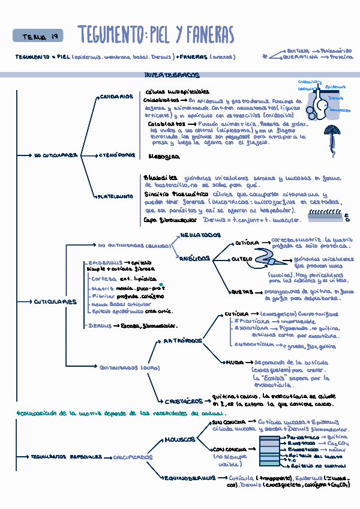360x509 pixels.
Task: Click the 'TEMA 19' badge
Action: pyautogui.click(x=37, y=37)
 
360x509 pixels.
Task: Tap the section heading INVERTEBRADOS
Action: pyautogui.click(x=172, y=76)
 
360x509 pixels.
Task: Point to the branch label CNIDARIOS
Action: pyautogui.click(x=116, y=97)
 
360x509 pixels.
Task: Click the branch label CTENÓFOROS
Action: pyautogui.click(x=117, y=155)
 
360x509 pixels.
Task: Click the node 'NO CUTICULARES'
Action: pyautogui.click(x=56, y=155)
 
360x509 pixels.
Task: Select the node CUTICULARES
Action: pyautogui.click(x=55, y=302)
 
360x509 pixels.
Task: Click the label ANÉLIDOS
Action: pyautogui.click(x=194, y=259)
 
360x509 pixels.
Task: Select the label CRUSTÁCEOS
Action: pyautogui.click(x=183, y=402)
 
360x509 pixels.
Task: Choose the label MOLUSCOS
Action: pyautogui.click(x=179, y=439)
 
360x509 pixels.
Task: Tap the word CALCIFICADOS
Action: pyautogui.click(x=133, y=457)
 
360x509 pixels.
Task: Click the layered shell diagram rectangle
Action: pyautogui.click(x=269, y=451)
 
